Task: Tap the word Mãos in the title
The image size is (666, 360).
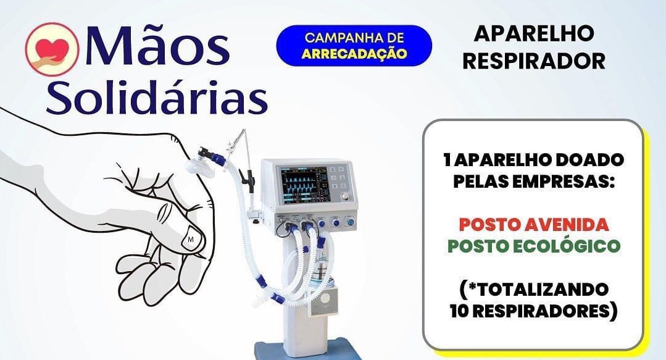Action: coord(157,46)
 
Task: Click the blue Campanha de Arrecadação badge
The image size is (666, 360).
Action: coord(354,46)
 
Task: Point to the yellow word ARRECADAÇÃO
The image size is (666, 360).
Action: coord(354,54)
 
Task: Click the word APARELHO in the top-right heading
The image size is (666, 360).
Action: coord(533,33)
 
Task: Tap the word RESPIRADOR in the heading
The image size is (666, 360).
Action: coord(533,61)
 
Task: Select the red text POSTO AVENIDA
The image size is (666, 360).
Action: coord(535,224)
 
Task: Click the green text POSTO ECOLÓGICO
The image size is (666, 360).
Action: coord(534,246)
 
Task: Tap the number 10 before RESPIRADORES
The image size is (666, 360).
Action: coord(460,311)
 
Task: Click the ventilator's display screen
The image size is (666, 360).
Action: coord(303,183)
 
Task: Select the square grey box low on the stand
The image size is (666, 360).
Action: coord(325,301)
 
